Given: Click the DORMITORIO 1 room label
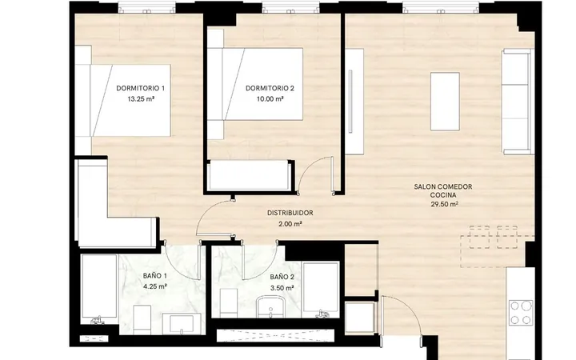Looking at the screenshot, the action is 140,88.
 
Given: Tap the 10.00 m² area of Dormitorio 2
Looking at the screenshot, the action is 270,99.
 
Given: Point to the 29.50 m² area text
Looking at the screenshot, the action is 445,205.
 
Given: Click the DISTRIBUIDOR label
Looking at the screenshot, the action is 290,213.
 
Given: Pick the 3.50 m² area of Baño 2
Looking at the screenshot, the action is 282,288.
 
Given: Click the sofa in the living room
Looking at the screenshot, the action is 518,102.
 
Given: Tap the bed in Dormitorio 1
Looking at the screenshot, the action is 123,100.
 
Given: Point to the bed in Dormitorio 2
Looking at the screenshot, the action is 255,84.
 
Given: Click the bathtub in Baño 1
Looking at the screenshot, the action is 99,287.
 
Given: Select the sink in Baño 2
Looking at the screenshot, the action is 270,307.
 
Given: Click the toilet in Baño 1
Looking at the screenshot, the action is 142,319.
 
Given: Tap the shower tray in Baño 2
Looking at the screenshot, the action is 320,290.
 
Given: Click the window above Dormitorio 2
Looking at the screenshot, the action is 290,7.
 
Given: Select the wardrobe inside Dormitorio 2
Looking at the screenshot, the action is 250,176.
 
